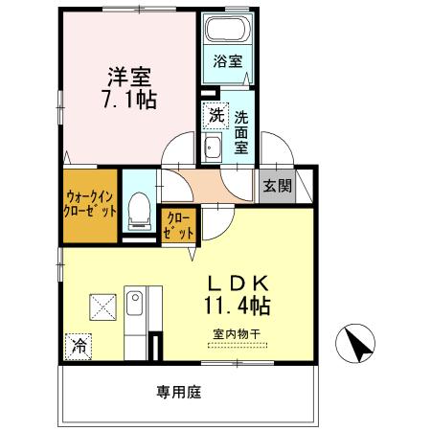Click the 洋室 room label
pos(130,74)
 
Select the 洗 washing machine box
pos(215,115)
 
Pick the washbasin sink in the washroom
pos(213,147)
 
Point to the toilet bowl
pos(140,209)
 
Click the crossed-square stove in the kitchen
pos(102,306)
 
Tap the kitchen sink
pos(138,307)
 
